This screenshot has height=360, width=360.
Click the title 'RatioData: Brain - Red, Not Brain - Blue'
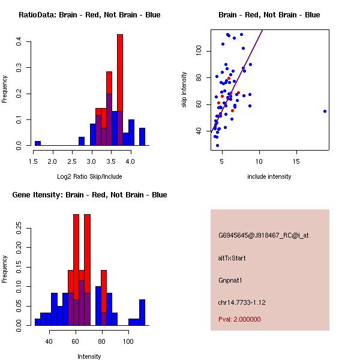point(89,14)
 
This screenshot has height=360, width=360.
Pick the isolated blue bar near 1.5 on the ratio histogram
point(37,143)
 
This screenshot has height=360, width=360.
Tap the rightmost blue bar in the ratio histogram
point(142,137)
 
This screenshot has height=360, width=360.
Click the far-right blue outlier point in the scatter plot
point(325,111)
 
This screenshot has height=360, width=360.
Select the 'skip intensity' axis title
point(184,90)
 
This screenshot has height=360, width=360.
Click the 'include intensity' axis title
point(269,176)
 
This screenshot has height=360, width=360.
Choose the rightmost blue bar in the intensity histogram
point(142,312)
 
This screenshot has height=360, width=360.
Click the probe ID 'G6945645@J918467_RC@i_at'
point(263,236)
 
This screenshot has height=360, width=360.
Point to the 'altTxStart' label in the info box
point(232,258)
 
